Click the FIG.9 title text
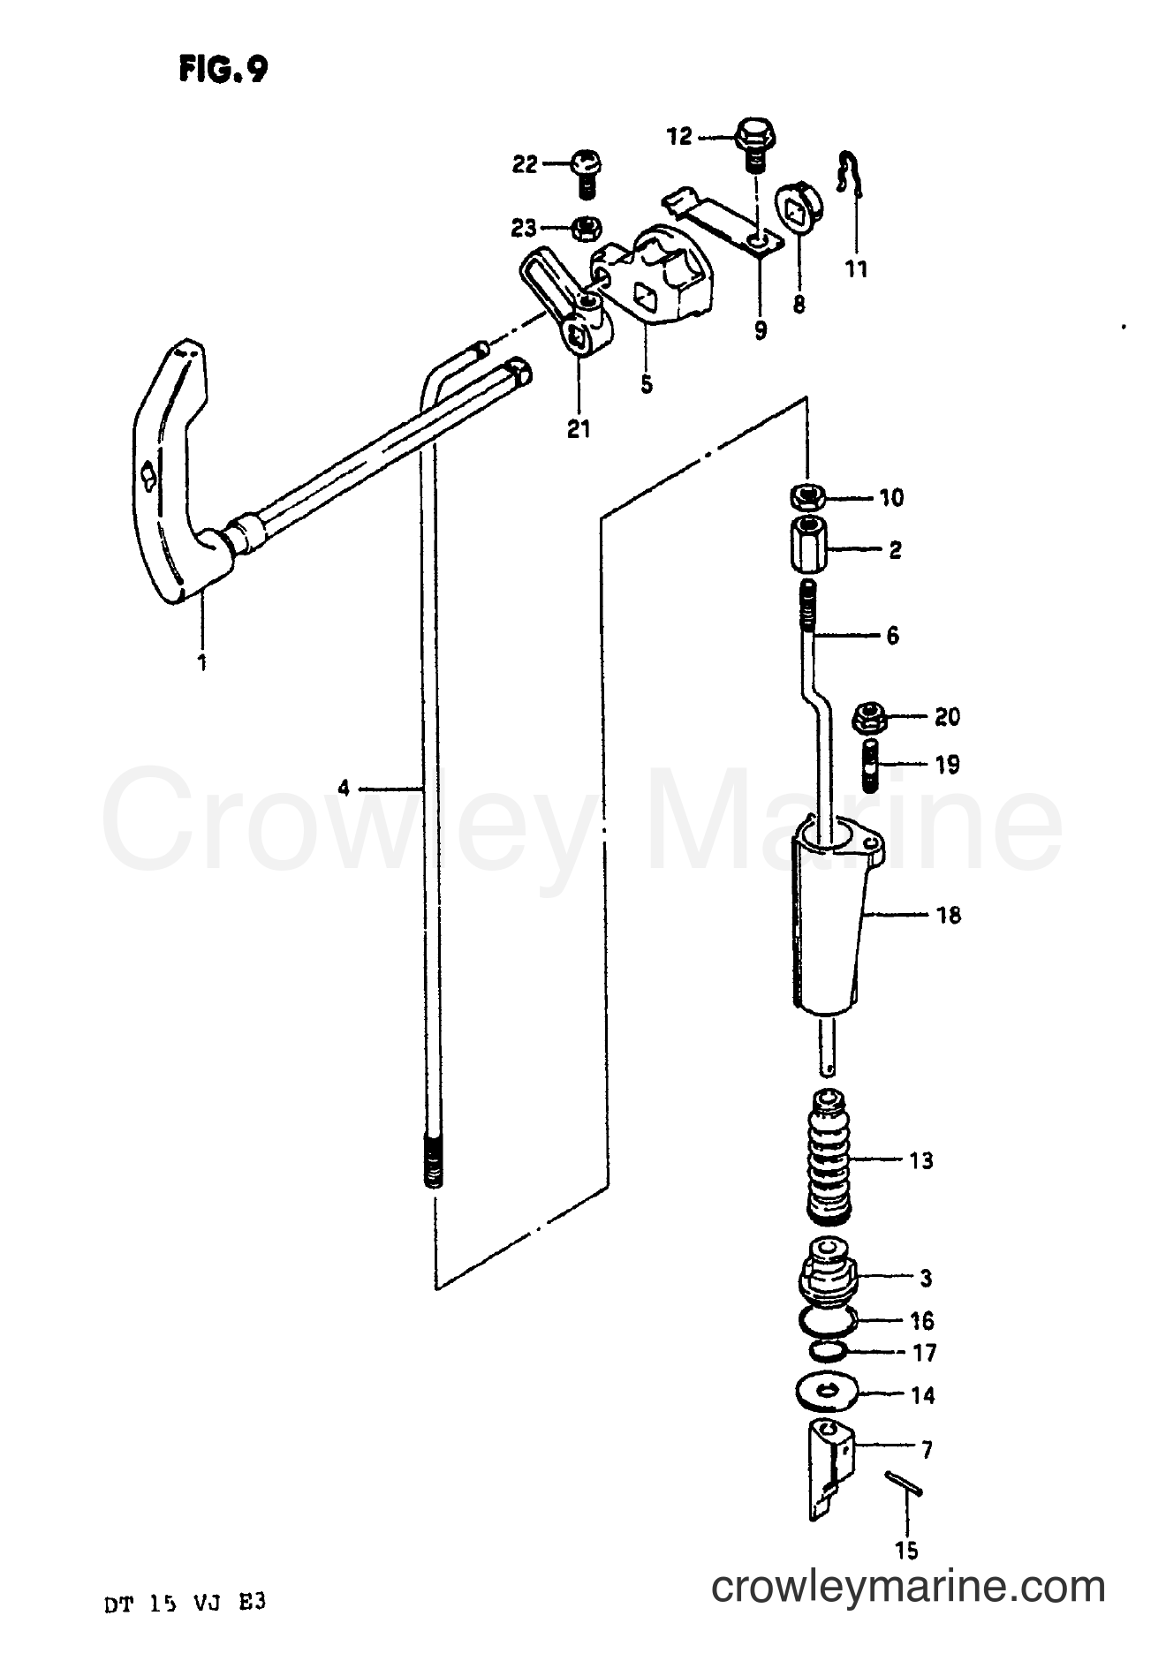click(x=223, y=70)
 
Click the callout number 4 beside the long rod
click(x=344, y=787)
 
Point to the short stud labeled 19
click(x=869, y=766)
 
